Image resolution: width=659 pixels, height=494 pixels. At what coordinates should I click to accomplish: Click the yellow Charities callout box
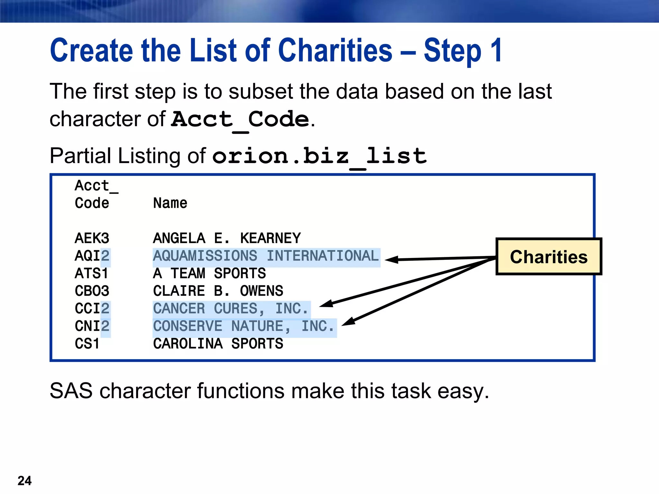pos(549,257)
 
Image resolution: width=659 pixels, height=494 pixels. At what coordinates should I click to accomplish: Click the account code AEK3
pos(92,238)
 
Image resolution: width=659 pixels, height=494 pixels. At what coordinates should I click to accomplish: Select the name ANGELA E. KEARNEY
pos(227,238)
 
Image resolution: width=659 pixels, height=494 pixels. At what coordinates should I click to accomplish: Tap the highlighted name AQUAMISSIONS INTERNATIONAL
pos(266,256)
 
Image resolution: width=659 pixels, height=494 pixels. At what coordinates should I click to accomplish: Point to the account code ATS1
pos(91,274)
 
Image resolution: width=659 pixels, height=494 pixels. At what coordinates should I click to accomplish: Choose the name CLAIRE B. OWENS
pos(218,291)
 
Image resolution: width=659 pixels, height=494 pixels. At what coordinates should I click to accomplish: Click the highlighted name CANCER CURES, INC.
pos(231,309)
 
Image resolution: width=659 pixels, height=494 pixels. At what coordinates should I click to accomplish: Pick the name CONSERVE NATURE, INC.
pos(244,326)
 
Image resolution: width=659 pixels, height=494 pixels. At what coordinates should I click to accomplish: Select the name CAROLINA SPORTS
pos(218,344)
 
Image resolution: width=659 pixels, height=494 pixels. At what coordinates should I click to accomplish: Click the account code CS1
pos(87,344)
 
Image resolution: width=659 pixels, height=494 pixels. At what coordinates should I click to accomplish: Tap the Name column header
pos(170,203)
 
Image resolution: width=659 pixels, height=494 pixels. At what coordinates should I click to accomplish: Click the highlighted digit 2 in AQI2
pos(105,256)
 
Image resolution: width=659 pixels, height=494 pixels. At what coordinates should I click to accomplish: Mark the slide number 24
pos(24,481)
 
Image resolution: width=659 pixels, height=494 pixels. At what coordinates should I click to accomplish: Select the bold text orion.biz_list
pos(319,156)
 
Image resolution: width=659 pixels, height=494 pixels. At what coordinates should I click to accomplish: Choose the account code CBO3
pos(92,291)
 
